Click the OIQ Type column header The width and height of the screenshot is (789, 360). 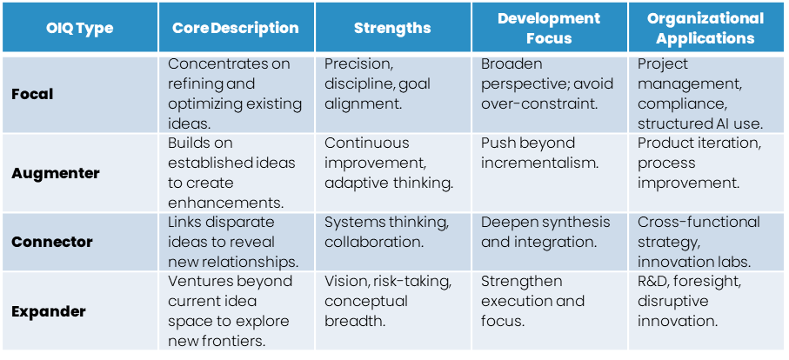[x=80, y=29]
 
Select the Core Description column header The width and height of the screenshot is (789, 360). [x=235, y=29]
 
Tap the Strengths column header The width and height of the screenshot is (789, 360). [x=392, y=29]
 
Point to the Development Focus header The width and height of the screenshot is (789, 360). [x=549, y=29]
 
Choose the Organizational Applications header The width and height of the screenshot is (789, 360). [x=705, y=29]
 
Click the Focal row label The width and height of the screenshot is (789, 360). [x=32, y=94]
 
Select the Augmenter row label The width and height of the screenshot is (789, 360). [x=56, y=173]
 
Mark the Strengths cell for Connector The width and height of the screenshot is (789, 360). [x=392, y=241]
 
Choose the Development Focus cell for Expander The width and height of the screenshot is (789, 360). [x=549, y=311]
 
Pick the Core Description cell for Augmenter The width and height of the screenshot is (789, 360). [x=235, y=173]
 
